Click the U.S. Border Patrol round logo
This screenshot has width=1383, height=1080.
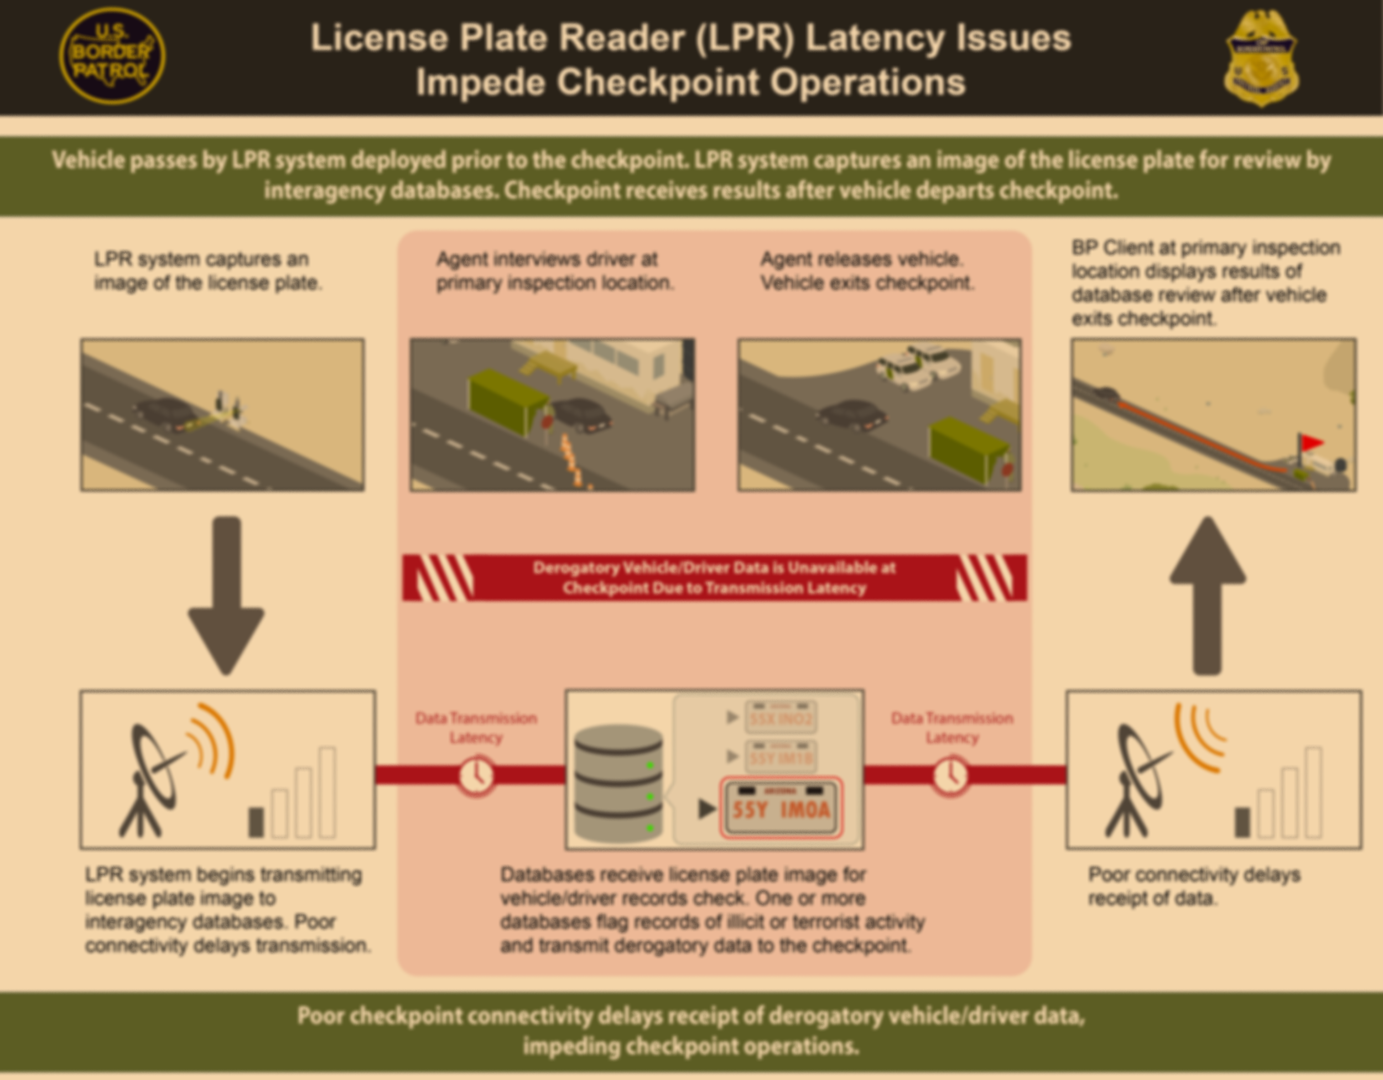(112, 56)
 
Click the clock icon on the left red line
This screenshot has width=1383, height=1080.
(476, 775)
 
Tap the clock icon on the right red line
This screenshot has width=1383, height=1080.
(950, 775)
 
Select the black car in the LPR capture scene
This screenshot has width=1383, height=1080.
(165, 415)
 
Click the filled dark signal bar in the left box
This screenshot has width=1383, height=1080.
(256, 822)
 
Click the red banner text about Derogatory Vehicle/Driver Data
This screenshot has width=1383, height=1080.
(714, 577)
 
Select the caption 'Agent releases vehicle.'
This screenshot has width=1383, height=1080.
(861, 259)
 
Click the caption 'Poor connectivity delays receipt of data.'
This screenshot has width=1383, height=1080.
(1193, 886)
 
